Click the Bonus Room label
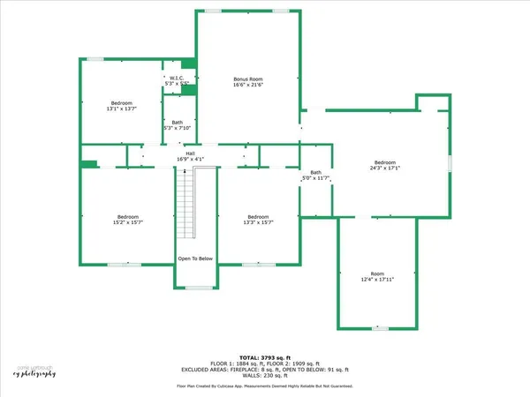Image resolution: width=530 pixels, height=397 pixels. [x=248, y=79]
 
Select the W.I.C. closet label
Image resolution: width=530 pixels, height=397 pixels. [x=177, y=76]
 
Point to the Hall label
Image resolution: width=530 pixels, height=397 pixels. [x=189, y=153]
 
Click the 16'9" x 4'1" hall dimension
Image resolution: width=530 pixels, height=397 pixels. [x=189, y=160]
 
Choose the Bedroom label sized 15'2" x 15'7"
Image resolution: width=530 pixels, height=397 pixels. [x=128, y=217]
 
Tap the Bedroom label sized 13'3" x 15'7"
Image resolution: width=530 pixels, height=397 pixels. [x=258, y=217]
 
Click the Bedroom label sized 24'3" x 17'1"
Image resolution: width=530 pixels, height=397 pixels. [x=384, y=162]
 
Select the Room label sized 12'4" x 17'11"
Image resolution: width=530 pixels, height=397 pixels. [x=378, y=273]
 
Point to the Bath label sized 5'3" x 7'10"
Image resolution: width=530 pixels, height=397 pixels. [x=178, y=123]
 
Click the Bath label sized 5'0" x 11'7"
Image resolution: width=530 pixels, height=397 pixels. [x=315, y=172]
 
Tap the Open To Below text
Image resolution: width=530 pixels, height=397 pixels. [x=195, y=258]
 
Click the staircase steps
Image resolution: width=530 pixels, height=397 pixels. [x=185, y=203]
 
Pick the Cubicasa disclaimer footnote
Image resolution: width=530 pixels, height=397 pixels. [x=264, y=386]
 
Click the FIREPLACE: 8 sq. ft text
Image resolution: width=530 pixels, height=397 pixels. [x=255, y=370]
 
